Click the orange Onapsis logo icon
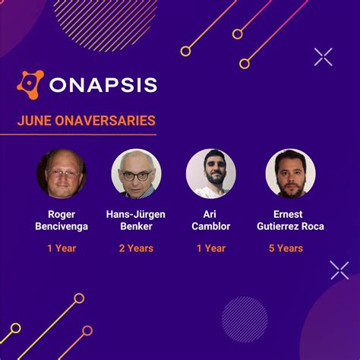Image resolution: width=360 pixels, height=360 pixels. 30,84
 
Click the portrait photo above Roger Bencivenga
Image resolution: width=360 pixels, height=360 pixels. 61,173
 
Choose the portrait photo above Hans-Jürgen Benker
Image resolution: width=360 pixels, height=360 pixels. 137,173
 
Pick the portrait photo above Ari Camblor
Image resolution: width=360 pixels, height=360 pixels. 210,173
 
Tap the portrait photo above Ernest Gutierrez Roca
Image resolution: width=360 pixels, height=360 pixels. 290,173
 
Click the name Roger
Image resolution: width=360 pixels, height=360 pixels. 61,214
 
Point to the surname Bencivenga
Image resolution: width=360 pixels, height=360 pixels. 61,226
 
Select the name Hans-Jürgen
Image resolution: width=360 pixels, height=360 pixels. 137,214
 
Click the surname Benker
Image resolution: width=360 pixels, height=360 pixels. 137,226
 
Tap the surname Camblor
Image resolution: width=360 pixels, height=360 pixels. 210,226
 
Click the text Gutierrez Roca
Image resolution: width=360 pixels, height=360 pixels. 290,226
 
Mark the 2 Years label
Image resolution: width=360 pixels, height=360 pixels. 137,248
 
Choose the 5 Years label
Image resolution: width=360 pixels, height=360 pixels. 286,248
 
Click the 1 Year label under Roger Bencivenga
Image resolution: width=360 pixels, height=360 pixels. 61,248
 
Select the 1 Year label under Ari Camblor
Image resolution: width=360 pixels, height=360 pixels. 210,248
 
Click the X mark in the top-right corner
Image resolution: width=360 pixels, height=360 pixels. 324,56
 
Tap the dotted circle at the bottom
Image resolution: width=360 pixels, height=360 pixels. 245,319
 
